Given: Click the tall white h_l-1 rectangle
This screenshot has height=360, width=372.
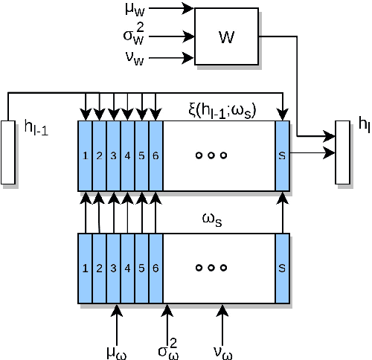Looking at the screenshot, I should click(8, 151).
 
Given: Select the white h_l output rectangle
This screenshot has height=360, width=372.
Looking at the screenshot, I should click(342, 151).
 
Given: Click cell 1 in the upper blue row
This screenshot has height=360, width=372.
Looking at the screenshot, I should click(85, 155).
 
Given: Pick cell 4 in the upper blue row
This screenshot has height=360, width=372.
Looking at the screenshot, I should click(127, 155).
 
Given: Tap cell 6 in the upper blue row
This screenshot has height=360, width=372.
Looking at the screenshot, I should click(155, 155).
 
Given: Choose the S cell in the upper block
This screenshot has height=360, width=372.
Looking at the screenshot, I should click(282, 155).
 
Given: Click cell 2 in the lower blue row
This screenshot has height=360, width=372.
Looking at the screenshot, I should click(99, 268).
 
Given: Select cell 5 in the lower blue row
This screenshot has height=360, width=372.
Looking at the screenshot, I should click(141, 268).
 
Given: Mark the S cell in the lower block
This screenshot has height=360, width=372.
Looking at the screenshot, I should click(282, 268).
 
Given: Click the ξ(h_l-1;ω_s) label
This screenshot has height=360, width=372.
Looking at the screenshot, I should click(222, 112).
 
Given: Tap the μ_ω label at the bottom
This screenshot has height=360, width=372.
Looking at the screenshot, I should click(116, 350).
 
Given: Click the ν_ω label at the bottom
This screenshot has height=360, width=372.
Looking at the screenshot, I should click(223, 350).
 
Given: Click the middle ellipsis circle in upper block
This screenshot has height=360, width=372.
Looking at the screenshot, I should click(211, 155).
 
